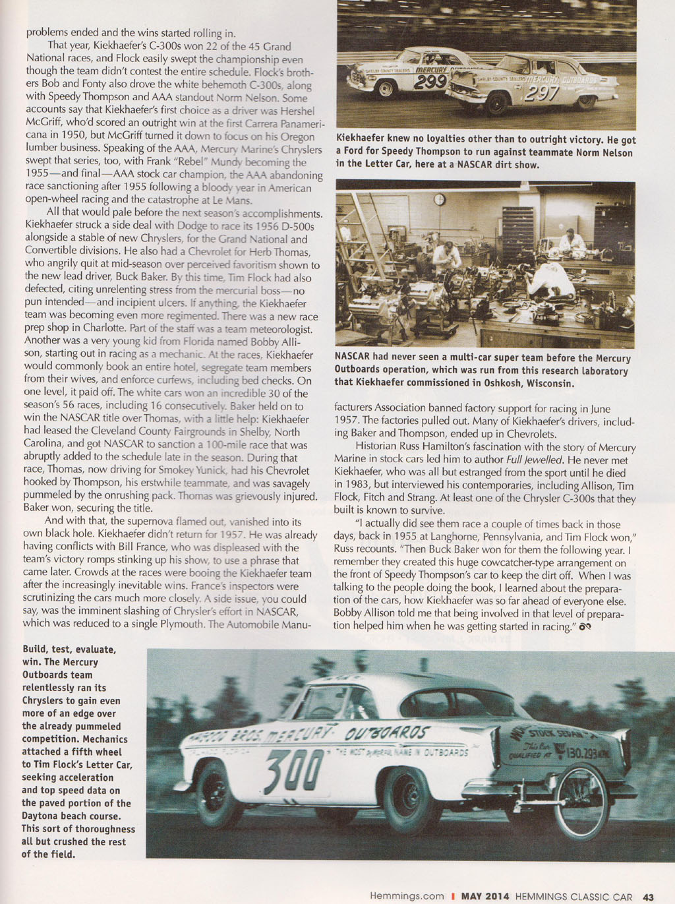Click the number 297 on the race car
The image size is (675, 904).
pos(541,94)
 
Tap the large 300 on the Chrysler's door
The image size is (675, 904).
pos(293,769)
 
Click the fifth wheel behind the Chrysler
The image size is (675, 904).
pos(580,801)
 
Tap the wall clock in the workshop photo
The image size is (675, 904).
pos(439,199)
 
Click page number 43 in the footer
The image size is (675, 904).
pos(649,897)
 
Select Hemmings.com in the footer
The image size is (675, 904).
pos(407,897)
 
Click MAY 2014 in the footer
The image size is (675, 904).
pos(485,897)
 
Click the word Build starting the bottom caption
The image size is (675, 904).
pos(36,649)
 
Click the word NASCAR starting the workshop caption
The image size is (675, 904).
pos(353,358)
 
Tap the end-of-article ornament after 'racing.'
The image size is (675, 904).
pos(584,626)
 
